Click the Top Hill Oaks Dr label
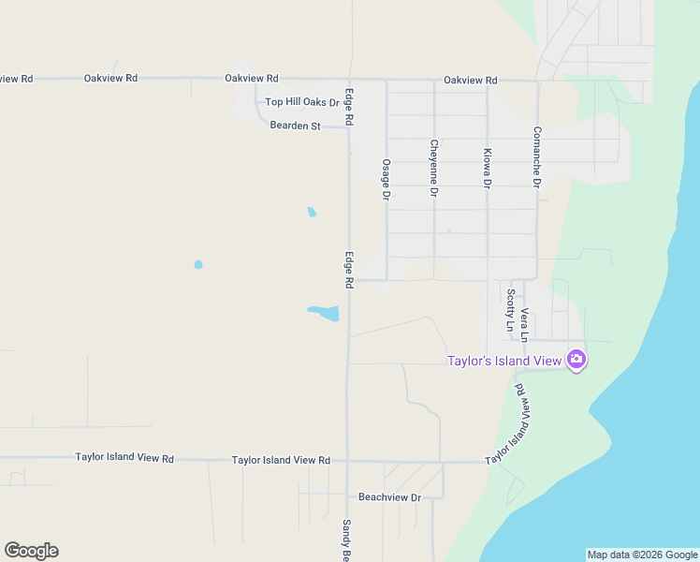tap(301, 102)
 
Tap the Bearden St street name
tap(295, 126)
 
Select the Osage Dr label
tap(386, 179)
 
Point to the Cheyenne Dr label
tap(433, 169)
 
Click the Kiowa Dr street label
tap(487, 169)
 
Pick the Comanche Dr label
tap(537, 157)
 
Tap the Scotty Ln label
tap(510, 310)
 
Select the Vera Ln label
tap(525, 324)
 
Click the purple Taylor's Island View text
tap(503, 360)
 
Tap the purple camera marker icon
tap(576, 359)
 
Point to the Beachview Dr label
tap(389, 497)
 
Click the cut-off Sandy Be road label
tap(346, 540)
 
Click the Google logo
tap(31, 551)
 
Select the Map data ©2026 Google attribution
tap(642, 555)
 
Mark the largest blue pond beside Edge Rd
tap(324, 313)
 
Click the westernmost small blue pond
tap(198, 265)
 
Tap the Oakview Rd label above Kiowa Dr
tap(470, 81)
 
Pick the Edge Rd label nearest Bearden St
tap(348, 107)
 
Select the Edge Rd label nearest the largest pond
tap(348, 269)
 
